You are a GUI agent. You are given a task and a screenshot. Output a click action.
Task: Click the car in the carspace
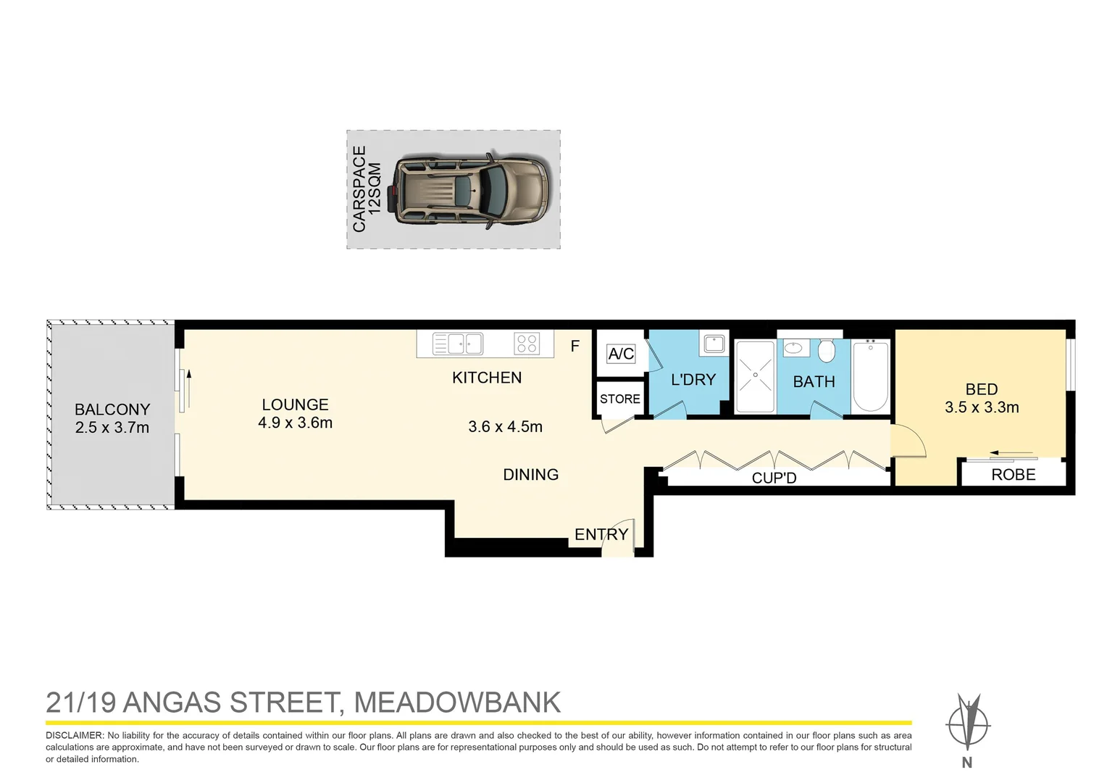472,191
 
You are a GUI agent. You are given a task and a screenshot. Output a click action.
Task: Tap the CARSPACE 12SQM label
366,189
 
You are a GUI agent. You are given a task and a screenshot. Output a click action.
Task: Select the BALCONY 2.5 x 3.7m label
112,418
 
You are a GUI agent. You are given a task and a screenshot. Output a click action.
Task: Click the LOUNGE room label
295,413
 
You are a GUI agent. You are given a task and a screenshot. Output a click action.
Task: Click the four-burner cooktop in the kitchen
527,344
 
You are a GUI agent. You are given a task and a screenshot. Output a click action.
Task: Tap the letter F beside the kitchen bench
575,347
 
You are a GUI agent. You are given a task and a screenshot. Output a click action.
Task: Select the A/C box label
621,354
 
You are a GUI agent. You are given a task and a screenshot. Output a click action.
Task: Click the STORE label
619,399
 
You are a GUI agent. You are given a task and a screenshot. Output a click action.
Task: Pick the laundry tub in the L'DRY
714,344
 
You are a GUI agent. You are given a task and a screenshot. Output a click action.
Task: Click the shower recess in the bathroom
755,376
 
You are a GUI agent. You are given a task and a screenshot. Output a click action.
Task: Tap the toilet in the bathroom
827,352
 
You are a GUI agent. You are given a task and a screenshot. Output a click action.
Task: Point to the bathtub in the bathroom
870,376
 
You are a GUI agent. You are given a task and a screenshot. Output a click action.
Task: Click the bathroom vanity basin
795,348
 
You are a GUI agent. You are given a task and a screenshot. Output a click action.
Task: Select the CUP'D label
774,478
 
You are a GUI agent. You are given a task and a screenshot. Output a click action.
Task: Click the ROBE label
1013,474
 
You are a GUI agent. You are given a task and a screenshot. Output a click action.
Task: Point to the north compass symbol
967,724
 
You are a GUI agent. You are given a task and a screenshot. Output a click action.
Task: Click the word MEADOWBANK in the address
457,703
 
